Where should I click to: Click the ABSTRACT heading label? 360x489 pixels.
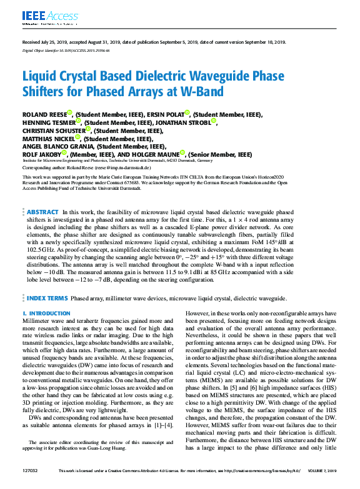(43, 212)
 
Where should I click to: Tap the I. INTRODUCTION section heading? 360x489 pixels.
(46, 313)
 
